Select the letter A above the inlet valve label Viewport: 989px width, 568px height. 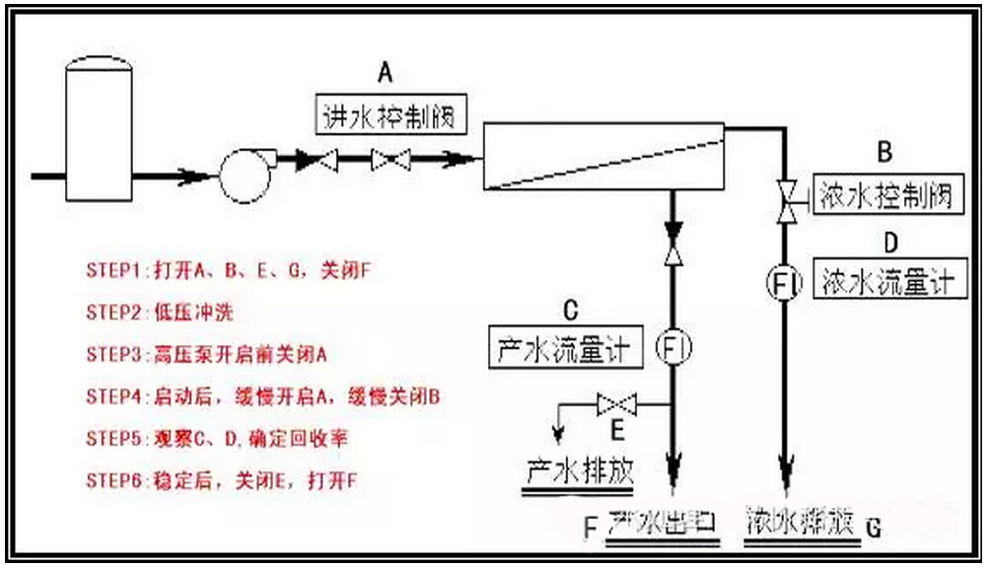(386, 72)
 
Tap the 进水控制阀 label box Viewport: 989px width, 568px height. (386, 116)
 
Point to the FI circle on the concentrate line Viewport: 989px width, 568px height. (786, 282)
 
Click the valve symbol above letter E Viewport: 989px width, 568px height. (616, 404)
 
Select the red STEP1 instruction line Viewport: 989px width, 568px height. (226, 269)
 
